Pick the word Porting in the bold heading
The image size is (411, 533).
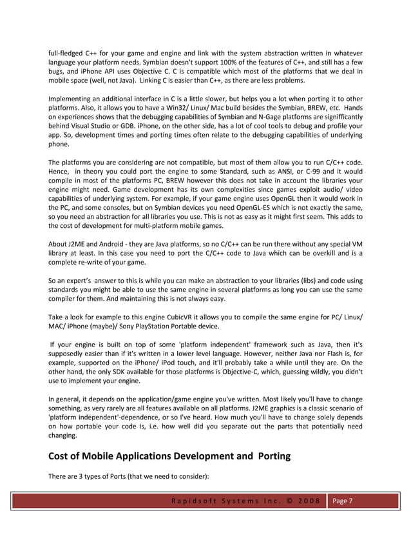pos(274,456)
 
